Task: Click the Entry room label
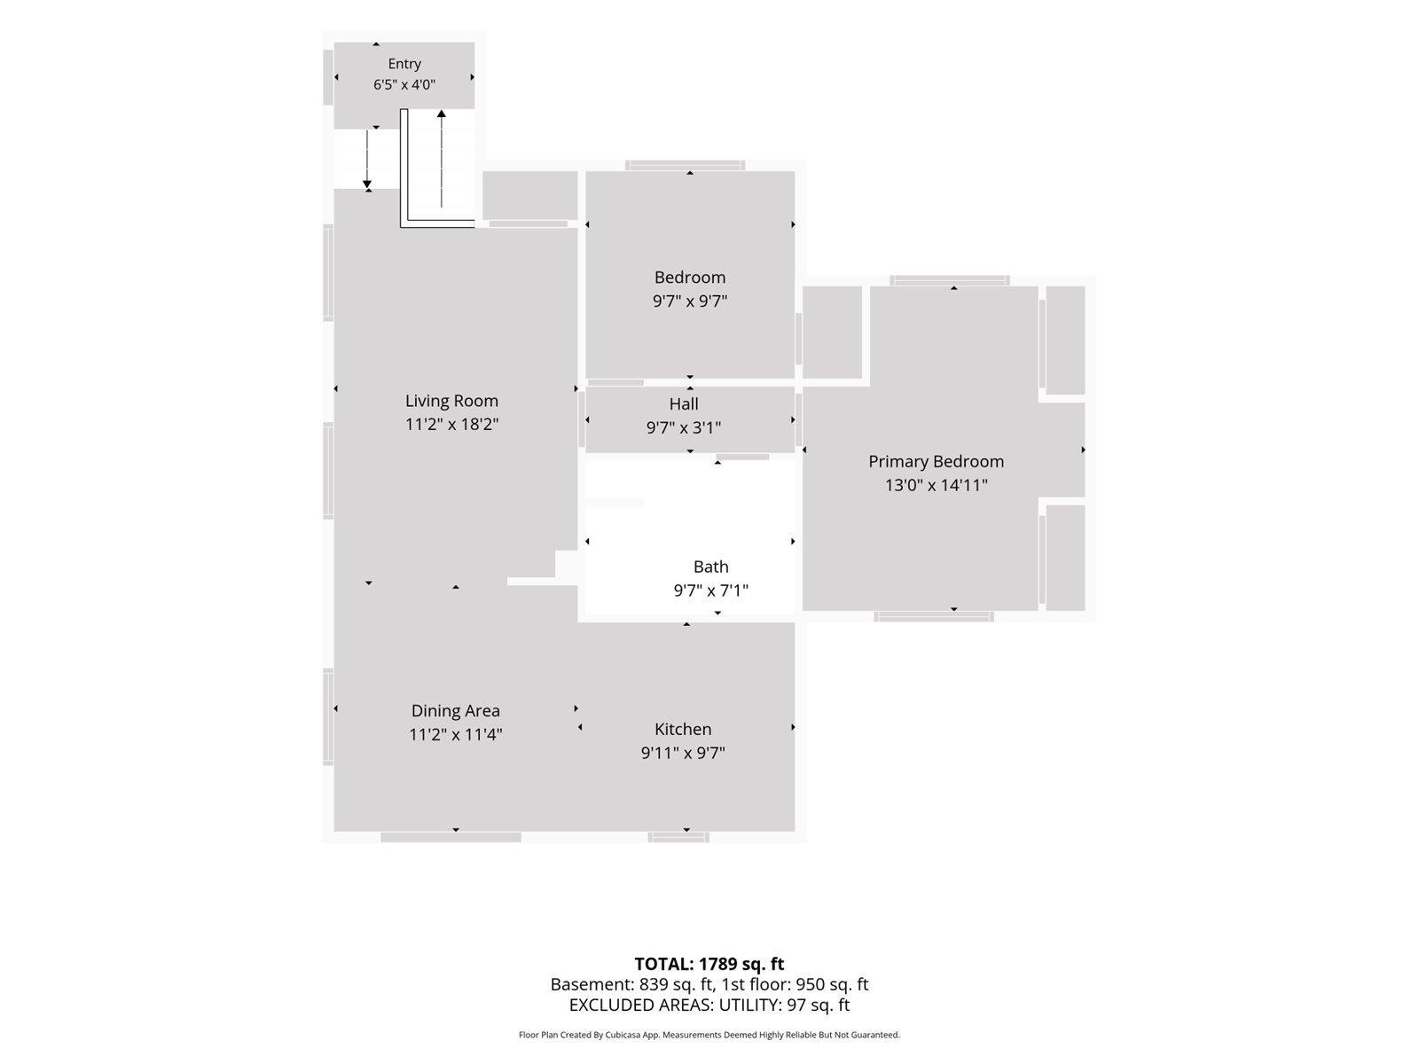coord(404,63)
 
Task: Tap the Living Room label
coord(451,401)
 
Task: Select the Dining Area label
coord(455,710)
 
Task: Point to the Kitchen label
coord(683,729)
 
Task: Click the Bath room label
coord(710,567)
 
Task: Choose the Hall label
coord(683,403)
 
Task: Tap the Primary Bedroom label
coord(936,461)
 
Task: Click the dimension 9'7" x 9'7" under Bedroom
coord(690,301)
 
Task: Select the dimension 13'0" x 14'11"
coord(936,485)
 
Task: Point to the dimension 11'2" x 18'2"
coord(451,425)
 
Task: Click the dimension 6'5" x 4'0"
coord(404,84)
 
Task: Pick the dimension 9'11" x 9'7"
coord(683,753)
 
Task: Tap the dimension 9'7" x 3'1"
coord(683,427)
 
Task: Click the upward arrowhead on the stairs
coord(442,113)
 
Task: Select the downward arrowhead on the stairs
coord(367,184)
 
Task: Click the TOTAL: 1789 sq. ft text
coord(709,964)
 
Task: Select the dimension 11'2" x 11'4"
coord(455,734)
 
